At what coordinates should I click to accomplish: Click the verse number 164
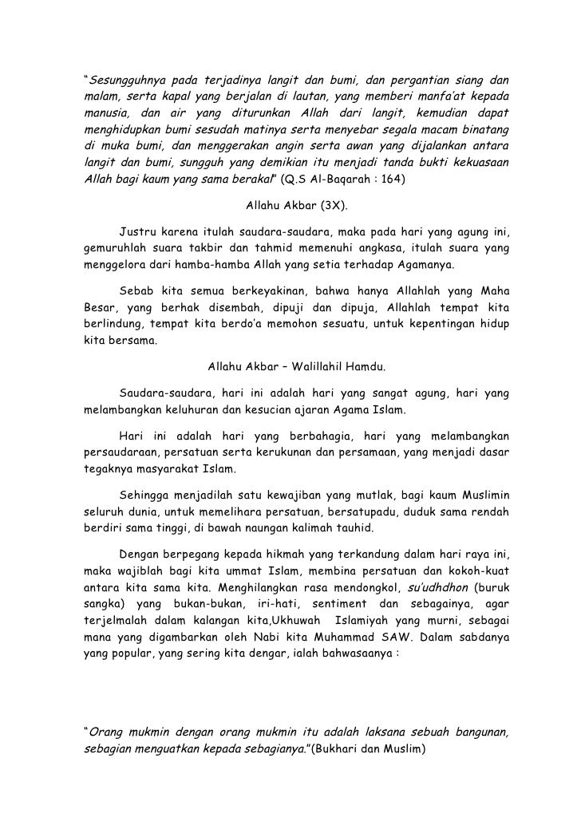(393, 180)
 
